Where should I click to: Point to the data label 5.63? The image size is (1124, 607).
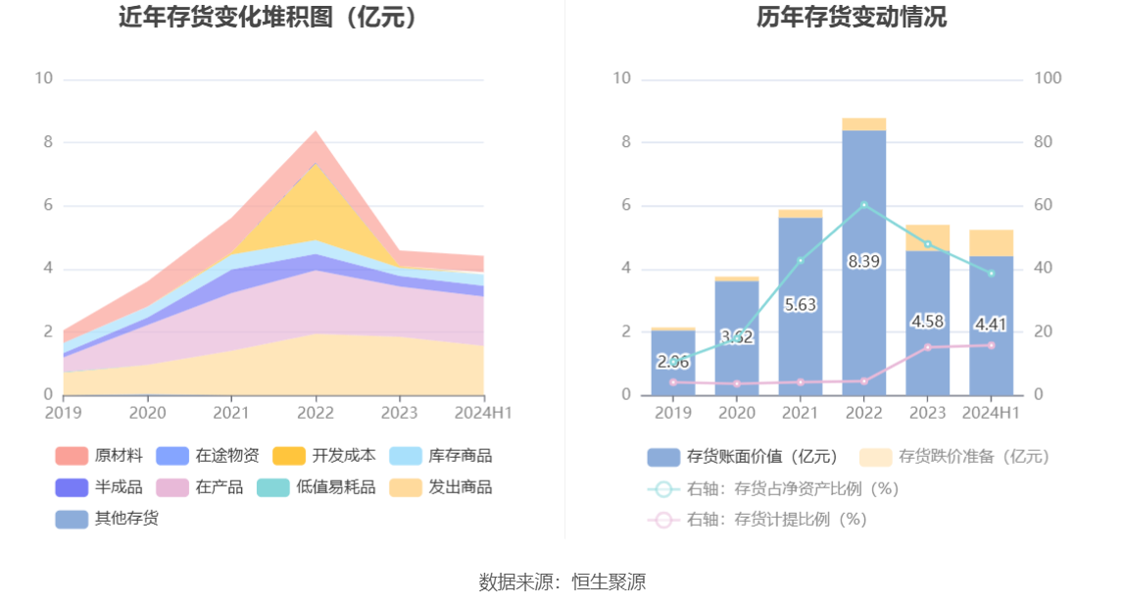pyautogui.click(x=801, y=305)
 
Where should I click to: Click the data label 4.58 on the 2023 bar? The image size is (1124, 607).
pyautogui.click(x=927, y=322)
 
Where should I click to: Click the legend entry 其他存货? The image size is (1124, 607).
pyautogui.click(x=107, y=519)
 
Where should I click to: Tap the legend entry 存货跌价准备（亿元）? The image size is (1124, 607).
pyautogui.click(x=954, y=456)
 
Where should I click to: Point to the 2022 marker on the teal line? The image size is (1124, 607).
pyautogui.click(x=863, y=205)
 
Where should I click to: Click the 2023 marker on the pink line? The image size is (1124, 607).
pyautogui.click(x=927, y=347)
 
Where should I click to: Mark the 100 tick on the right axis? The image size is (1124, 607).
pyautogui.click(x=1049, y=78)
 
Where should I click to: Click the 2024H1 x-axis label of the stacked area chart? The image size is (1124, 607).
pyautogui.click(x=482, y=413)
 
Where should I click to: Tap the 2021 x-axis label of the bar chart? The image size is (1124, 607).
pyautogui.click(x=800, y=413)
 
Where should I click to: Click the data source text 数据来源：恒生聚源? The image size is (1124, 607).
pyautogui.click(x=562, y=582)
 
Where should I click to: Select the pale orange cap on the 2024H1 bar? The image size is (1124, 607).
pyautogui.click(x=991, y=242)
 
